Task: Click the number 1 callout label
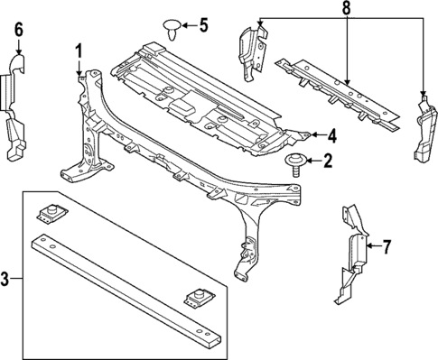coord(79,51)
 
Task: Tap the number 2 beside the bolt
coord(327,162)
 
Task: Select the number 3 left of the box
coord(7,280)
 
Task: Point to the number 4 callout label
coord(332,136)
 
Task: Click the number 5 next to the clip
coord(202,24)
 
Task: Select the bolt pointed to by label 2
coord(294,162)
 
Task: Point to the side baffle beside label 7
coord(354,253)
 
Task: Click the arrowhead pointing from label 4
coord(312,136)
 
